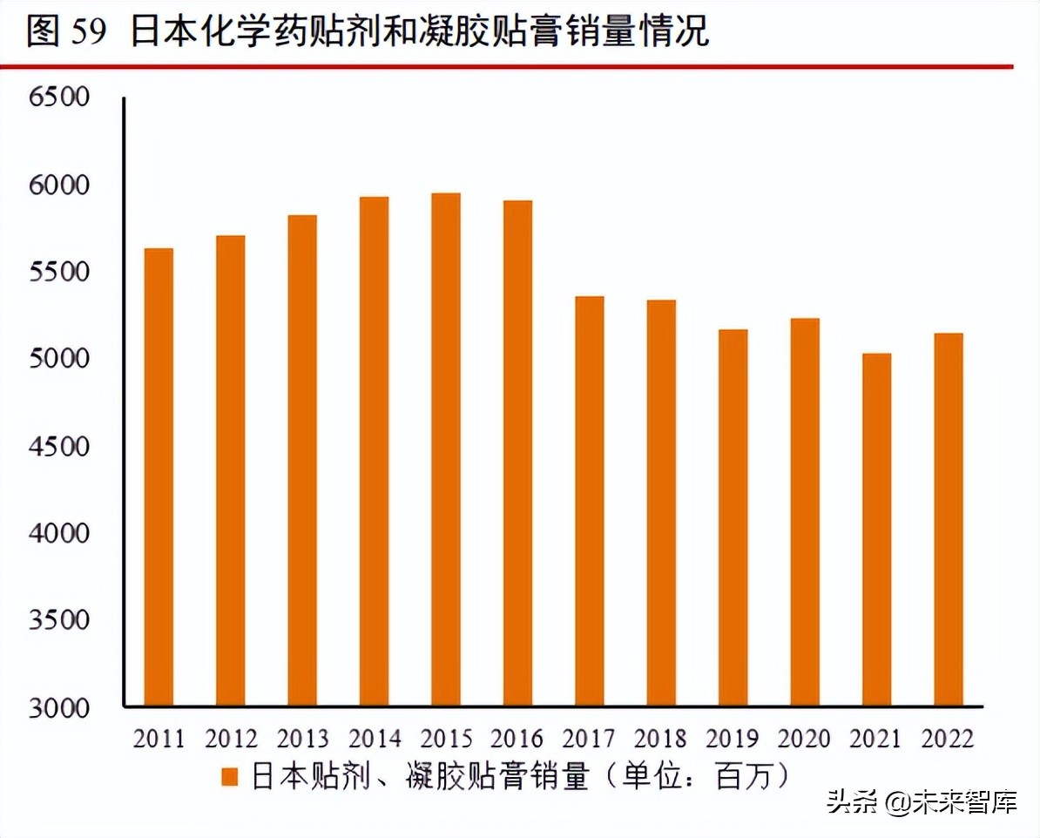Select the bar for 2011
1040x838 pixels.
click(159, 476)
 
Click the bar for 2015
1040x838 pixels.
click(446, 449)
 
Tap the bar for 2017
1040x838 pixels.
click(590, 501)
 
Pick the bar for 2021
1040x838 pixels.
click(876, 529)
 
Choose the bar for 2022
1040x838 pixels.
click(949, 519)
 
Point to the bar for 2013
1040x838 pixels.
click(302, 460)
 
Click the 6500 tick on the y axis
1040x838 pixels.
click(59, 97)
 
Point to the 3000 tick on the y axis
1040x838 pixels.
click(59, 706)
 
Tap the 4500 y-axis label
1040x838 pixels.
click(59, 446)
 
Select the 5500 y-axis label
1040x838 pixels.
click(59, 272)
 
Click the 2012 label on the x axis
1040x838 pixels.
click(232, 740)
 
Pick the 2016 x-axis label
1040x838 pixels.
click(518, 740)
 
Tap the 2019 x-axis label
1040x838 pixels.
click(733, 740)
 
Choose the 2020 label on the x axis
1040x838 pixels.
click(805, 740)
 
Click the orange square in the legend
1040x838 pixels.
click(230, 777)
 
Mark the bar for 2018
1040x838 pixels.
click(661, 503)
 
